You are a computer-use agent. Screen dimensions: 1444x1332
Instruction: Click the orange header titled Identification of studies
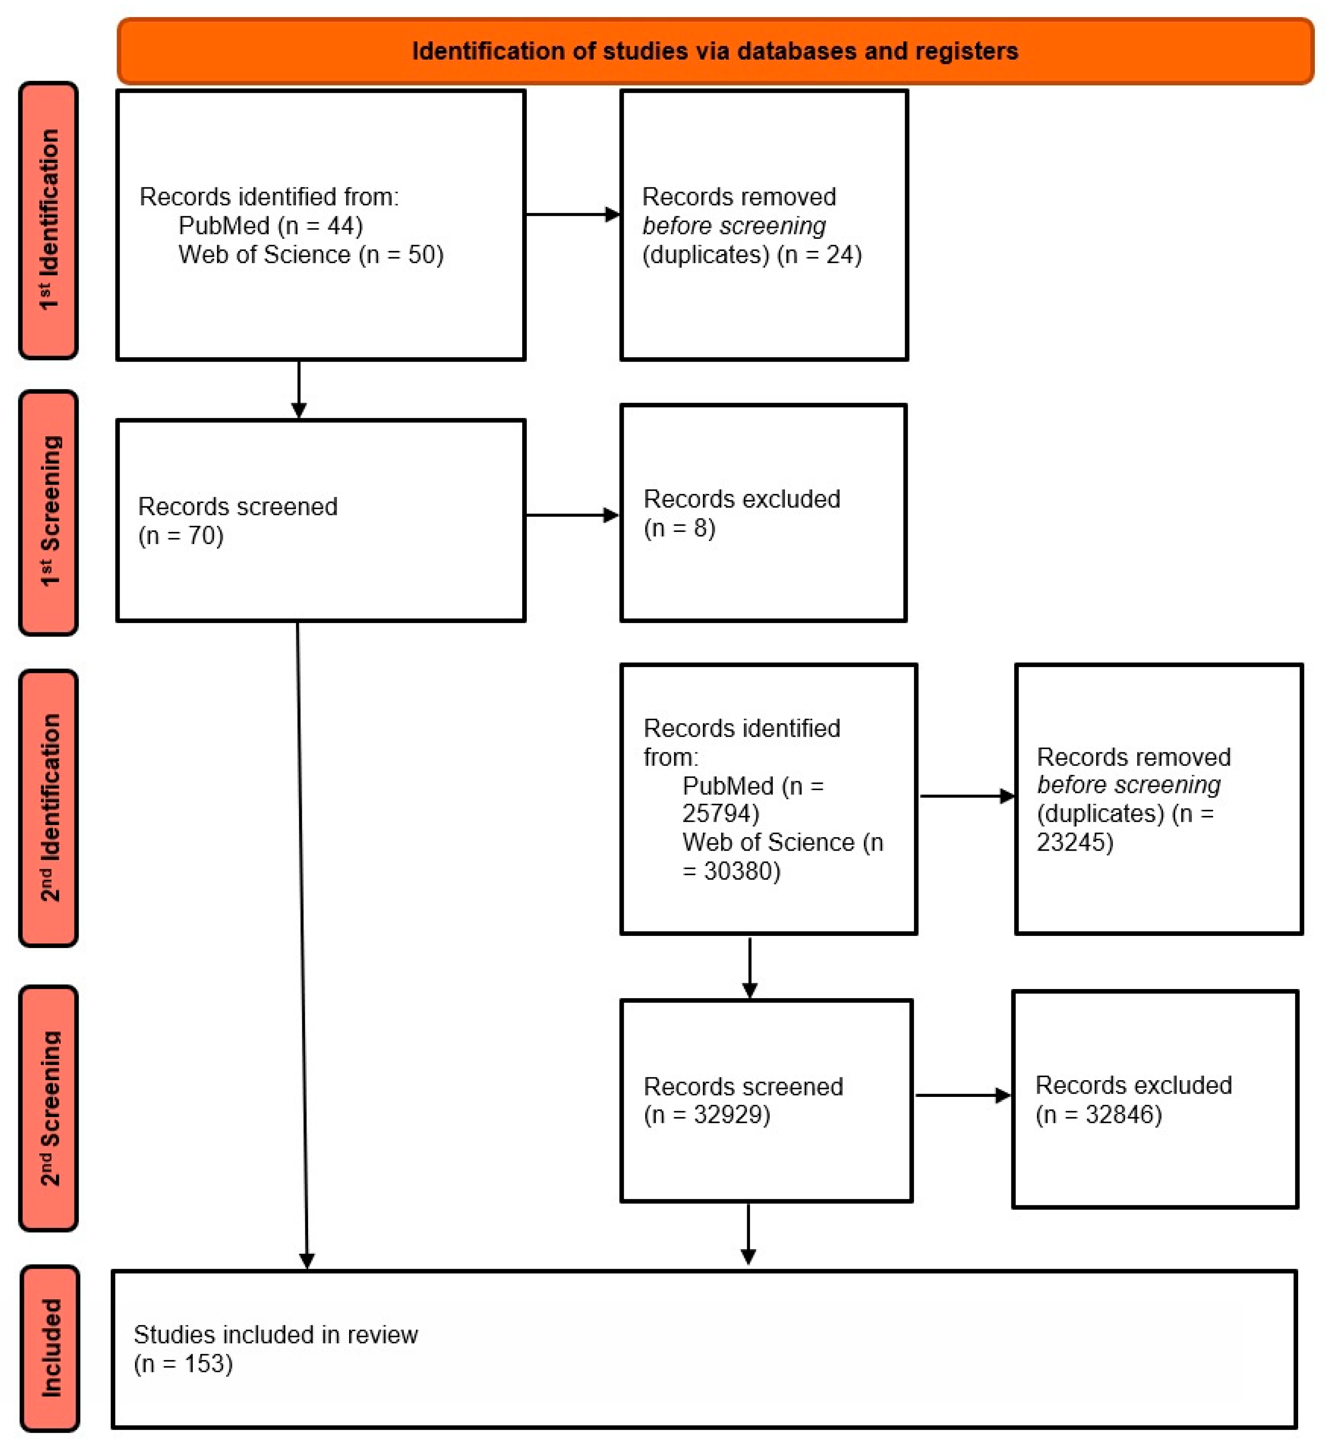click(714, 51)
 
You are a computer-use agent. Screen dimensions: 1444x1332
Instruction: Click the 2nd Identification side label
click(48, 808)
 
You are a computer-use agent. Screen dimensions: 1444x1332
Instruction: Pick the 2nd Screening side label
click(48, 1108)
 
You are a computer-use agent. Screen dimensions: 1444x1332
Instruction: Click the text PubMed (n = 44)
click(270, 226)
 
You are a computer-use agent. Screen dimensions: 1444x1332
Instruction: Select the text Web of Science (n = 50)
click(311, 255)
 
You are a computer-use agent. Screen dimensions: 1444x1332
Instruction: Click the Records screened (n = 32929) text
click(743, 1100)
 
